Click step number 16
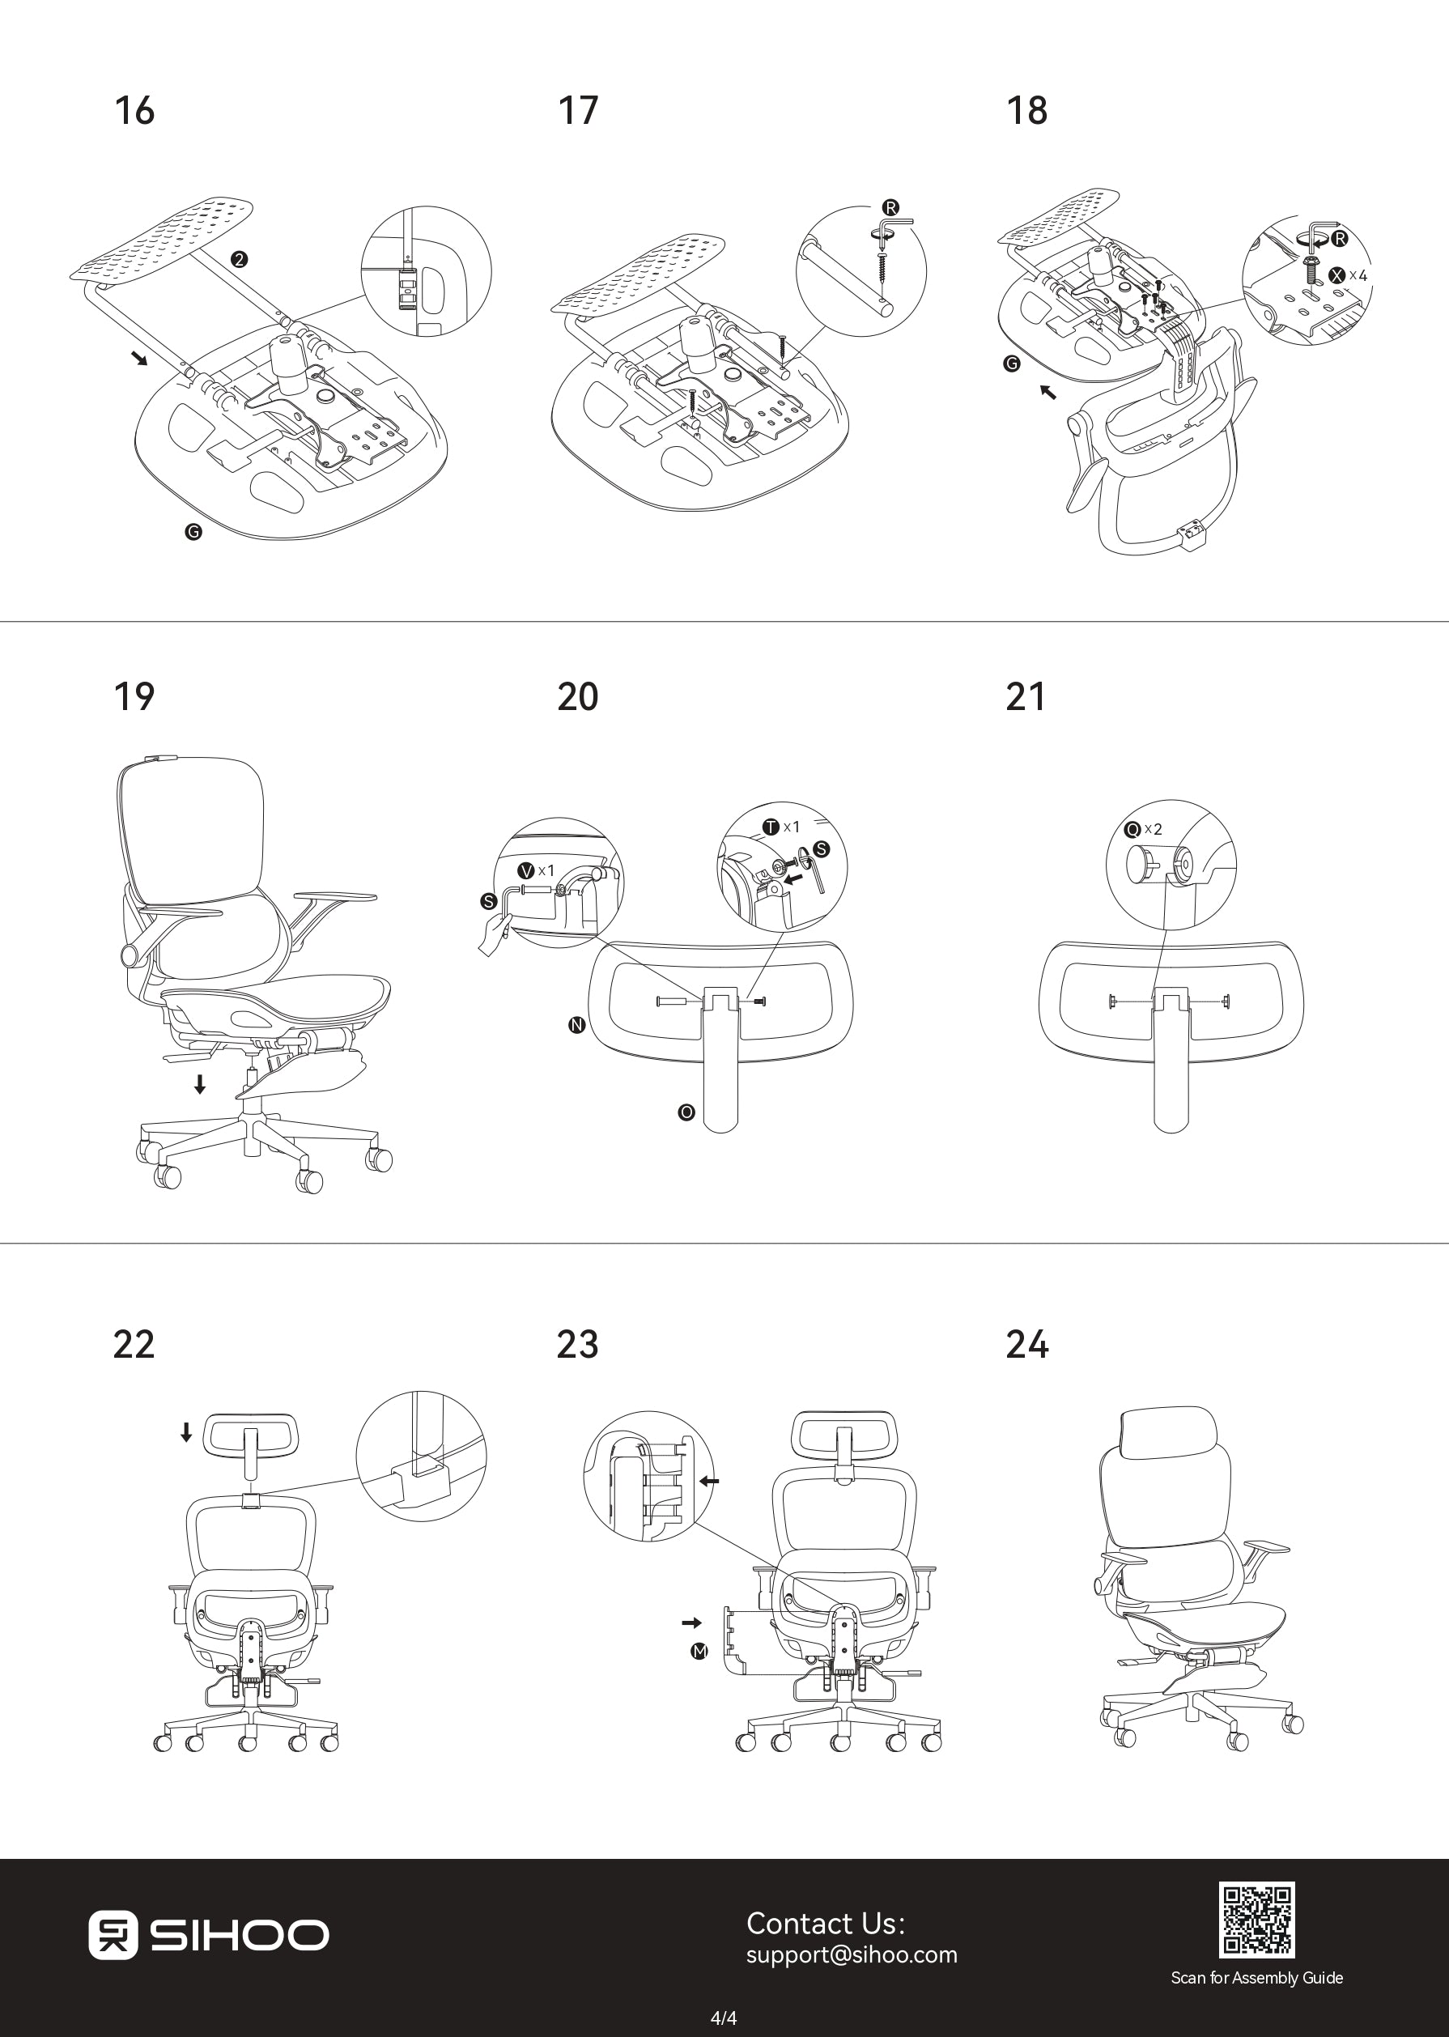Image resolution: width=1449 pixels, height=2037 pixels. (x=134, y=111)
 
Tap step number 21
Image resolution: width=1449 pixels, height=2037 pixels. (x=1025, y=697)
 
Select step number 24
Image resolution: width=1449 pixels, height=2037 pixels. (x=1027, y=1345)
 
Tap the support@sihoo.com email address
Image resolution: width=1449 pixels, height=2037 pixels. (x=852, y=1954)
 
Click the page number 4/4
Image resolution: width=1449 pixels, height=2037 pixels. (x=724, y=2017)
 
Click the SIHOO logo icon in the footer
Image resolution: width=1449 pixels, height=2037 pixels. (x=113, y=1934)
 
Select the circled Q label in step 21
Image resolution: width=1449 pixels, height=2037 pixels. (x=1132, y=830)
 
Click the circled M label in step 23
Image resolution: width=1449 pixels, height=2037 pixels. (x=699, y=1652)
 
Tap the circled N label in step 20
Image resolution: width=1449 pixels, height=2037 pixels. (x=576, y=1025)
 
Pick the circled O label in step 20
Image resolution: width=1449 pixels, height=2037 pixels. (x=686, y=1112)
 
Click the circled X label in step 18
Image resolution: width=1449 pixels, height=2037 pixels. (x=1337, y=274)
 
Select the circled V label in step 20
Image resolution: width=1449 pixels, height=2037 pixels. (x=526, y=870)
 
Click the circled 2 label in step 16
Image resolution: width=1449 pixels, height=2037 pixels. (x=238, y=260)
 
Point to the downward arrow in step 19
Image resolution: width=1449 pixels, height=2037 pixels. (x=200, y=1084)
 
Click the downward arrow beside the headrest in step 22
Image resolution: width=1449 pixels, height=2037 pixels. (x=185, y=1432)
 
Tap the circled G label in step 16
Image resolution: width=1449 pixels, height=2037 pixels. (x=193, y=532)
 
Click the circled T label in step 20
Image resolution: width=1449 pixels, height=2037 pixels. (x=771, y=827)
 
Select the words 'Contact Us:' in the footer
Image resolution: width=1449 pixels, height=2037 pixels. (x=826, y=1923)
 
